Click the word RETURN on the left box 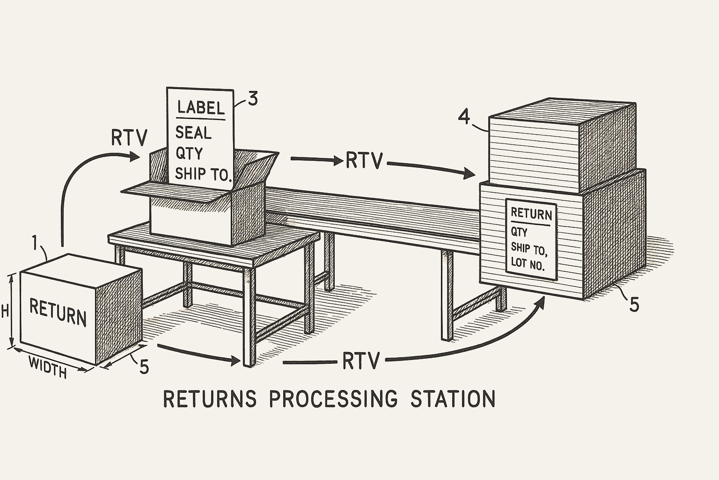pos(58,313)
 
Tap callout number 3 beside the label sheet pos(252,99)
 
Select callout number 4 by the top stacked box pos(463,116)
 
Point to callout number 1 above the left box pos(35,243)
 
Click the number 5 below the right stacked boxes pos(634,305)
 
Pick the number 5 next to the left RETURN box pos(144,367)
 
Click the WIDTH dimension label pos(47,367)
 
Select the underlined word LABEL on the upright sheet pos(201,108)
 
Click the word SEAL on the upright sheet pos(193,133)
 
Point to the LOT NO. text pos(528,263)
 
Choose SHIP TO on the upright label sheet pos(203,174)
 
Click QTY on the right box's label pos(519,232)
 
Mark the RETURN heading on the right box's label pos(531,214)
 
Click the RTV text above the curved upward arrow pos(129,138)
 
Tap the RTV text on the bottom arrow pos(360,361)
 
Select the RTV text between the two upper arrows pos(364,161)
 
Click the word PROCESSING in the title pos(334,399)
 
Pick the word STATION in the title pos(452,399)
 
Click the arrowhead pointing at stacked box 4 pos(470,174)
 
